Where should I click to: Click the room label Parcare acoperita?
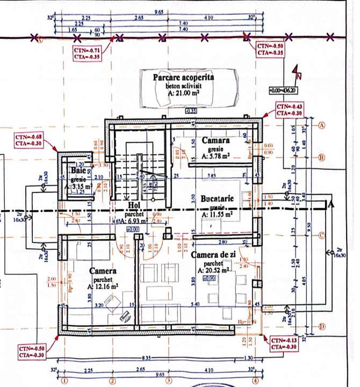coord(183,78)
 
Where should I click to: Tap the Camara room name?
coord(216,140)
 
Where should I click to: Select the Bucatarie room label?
coord(217,198)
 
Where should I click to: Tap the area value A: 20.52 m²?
coord(215,270)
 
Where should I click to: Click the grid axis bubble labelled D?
coord(323,326)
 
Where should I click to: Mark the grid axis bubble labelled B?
coord(323,158)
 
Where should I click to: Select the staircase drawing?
coord(138,172)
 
